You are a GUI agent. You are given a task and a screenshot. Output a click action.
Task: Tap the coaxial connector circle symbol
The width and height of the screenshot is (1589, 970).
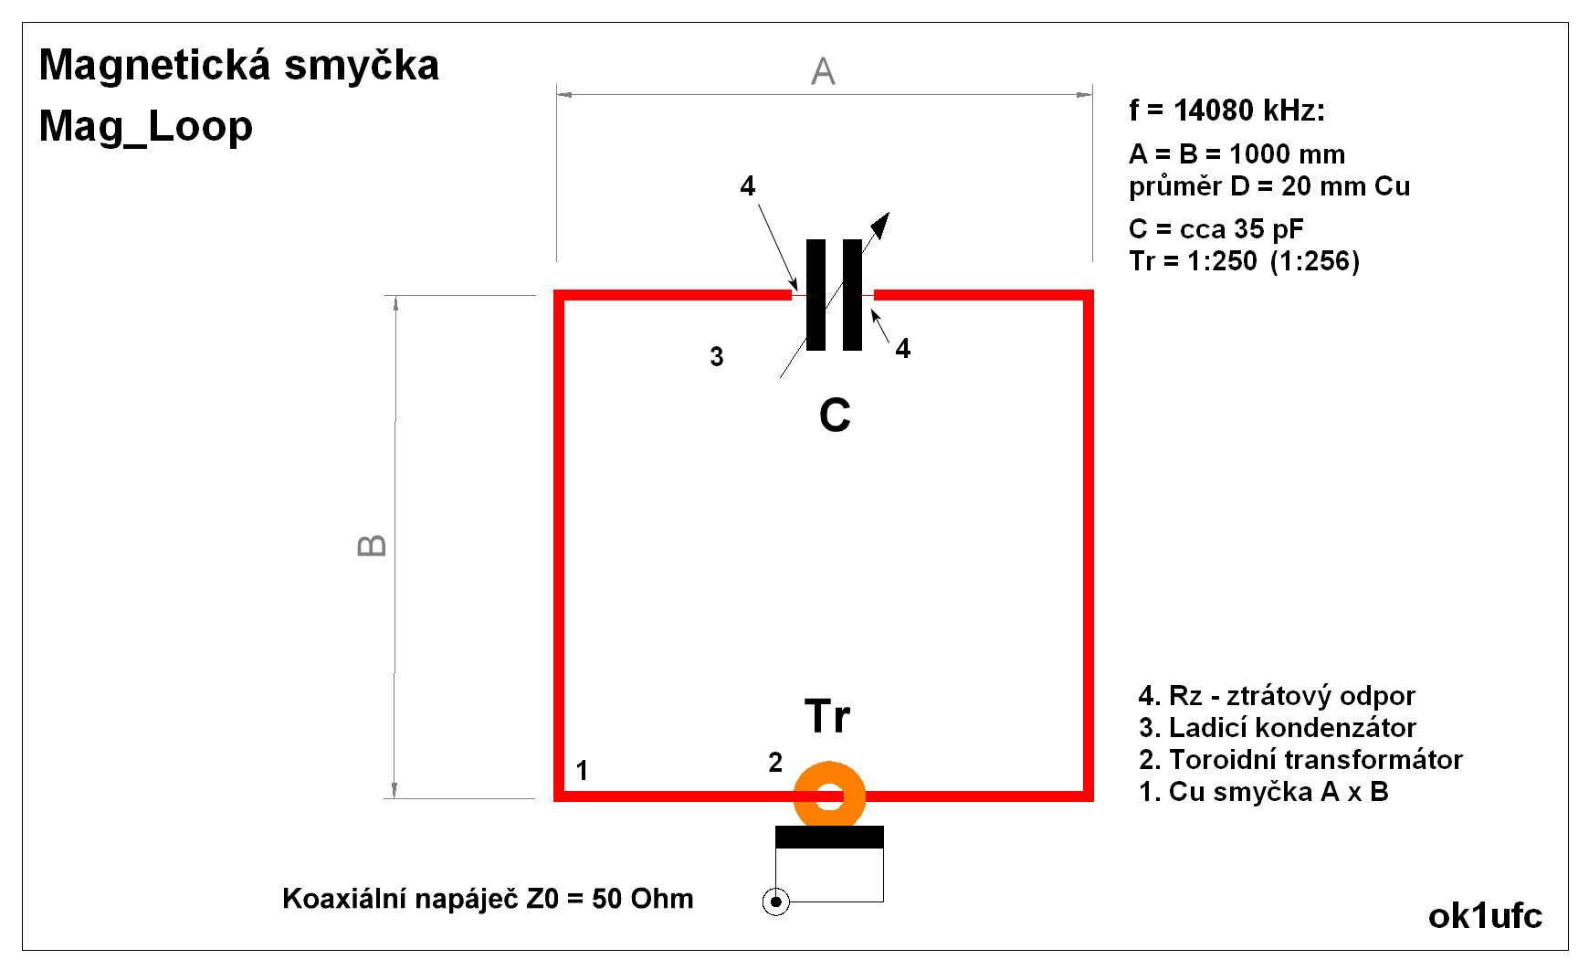click(x=775, y=902)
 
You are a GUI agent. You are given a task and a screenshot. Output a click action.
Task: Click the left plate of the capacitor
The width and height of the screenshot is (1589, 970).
click(x=816, y=295)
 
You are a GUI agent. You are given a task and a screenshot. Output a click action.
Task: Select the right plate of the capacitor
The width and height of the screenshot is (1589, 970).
click(x=852, y=295)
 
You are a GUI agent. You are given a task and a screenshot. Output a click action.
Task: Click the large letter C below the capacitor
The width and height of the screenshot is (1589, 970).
click(x=835, y=416)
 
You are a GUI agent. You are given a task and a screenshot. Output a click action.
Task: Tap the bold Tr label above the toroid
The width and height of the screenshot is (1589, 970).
click(x=827, y=716)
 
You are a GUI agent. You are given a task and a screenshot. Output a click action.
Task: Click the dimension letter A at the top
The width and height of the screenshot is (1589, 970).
click(x=823, y=71)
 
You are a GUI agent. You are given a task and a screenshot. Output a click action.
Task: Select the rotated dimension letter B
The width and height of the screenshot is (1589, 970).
click(x=372, y=546)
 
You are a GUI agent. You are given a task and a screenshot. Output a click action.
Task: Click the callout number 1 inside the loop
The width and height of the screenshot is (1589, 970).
click(x=582, y=771)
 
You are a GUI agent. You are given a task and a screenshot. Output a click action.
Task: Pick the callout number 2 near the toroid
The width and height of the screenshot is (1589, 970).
click(x=775, y=762)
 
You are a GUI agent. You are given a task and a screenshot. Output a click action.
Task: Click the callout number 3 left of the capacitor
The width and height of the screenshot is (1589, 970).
click(x=717, y=356)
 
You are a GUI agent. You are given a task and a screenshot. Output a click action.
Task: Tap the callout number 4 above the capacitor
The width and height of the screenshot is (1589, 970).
click(x=748, y=186)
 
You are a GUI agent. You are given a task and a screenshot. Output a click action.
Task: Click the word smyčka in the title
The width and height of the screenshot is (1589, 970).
click(x=362, y=66)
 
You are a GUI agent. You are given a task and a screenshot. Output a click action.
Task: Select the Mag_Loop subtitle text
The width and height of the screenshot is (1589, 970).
click(x=146, y=126)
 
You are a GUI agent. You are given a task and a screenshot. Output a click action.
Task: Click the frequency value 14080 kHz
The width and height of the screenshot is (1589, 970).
click(x=1248, y=111)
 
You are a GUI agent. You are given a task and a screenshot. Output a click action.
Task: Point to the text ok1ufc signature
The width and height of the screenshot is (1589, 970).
click(x=1485, y=915)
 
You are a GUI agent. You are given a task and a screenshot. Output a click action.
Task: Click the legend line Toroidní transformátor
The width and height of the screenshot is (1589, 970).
click(x=1301, y=760)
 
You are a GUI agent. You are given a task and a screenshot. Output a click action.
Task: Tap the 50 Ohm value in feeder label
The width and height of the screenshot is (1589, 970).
click(x=642, y=899)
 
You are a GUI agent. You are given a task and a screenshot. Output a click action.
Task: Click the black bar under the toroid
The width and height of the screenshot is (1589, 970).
click(x=829, y=837)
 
